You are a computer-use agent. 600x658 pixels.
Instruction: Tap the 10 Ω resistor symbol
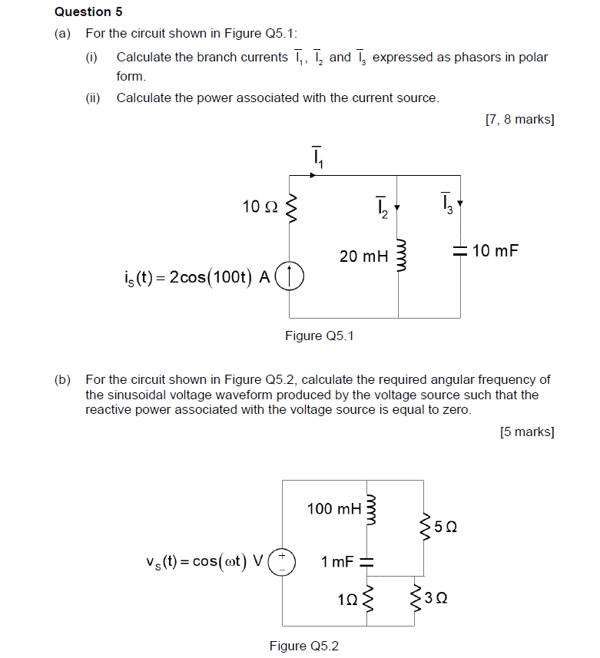[290, 207]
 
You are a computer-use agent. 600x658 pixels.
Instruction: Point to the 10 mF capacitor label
[496, 250]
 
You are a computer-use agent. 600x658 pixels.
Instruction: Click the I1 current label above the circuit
[317, 156]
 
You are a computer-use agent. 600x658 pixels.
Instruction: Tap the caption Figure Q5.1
[320, 336]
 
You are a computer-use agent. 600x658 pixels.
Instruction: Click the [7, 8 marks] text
[520, 119]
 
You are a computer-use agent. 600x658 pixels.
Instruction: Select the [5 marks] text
[527, 432]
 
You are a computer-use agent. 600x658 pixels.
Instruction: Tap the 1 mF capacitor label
[337, 561]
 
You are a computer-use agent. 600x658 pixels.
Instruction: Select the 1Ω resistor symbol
[367, 598]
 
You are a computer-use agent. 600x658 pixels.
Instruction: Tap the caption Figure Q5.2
[303, 646]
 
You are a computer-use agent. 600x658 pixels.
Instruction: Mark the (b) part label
[62, 379]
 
